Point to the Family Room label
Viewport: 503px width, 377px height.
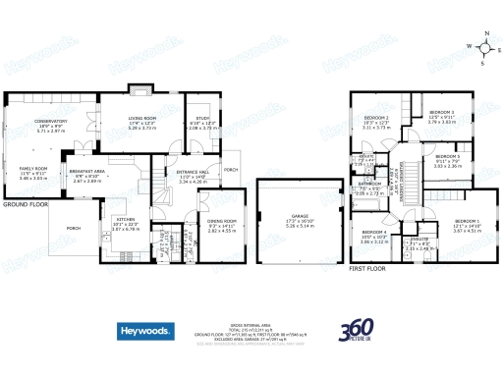pos(34,169)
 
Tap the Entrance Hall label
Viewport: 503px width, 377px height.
pos(192,172)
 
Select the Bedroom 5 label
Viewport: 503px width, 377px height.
pos(447,156)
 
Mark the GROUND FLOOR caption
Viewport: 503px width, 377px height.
pos(26,204)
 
